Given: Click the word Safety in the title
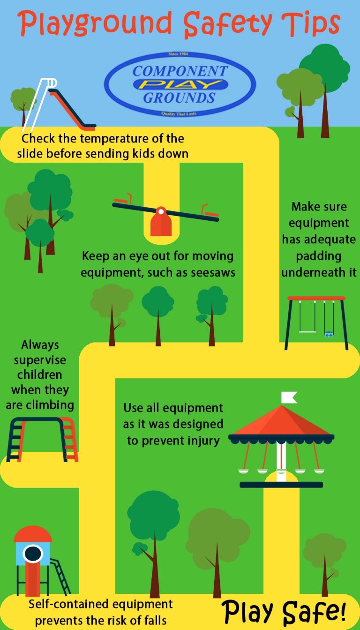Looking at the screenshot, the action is pos(227,24).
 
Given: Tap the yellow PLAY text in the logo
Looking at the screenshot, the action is pos(180,84).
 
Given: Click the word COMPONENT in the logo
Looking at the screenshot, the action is pos(180,71).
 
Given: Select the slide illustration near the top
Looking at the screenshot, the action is pos(59,105).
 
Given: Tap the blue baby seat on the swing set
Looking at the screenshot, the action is pos(329,334).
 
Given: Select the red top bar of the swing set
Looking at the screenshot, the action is pos(316,298).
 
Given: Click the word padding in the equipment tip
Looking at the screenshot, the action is pos(319,256).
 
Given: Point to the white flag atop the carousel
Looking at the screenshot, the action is pos(289,397).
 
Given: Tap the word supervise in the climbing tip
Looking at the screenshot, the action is pos(40,360).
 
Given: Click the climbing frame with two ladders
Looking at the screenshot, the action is pos(42,439).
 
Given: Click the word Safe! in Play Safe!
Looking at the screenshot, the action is pos(314,612).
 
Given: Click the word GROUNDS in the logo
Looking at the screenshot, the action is pos(179,98).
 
